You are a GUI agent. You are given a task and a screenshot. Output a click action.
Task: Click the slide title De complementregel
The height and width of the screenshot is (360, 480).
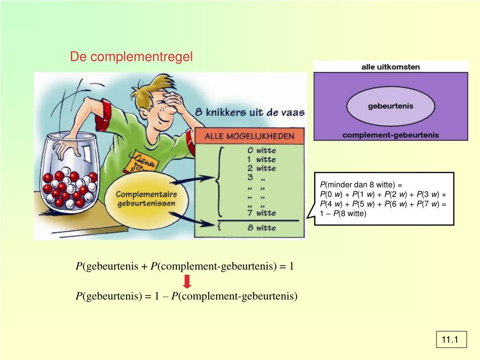point(131,57)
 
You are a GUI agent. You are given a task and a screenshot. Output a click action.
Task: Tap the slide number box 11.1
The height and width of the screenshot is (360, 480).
point(451,339)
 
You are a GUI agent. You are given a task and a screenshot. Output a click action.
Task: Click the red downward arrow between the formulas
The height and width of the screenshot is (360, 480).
point(187,282)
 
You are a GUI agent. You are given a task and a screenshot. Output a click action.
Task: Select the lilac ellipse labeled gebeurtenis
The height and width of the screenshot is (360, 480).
point(390,106)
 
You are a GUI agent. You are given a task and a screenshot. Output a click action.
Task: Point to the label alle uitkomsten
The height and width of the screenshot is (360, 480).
point(390,67)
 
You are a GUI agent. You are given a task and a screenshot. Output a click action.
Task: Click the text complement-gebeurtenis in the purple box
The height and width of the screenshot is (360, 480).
point(390,135)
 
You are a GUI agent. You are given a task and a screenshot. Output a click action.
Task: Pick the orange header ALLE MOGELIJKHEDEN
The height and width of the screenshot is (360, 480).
point(251,136)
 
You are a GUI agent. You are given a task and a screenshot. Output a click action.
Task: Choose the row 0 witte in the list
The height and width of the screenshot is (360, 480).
point(261,151)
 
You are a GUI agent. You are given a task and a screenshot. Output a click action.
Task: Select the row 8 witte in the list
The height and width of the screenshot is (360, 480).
point(261,228)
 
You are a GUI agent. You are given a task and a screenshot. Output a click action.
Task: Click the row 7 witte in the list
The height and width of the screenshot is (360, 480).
point(261,213)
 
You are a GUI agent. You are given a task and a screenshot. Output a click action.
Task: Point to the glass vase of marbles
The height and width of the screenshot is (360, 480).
point(70,173)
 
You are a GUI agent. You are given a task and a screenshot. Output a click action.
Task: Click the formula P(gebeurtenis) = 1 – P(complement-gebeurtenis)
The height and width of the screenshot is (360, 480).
point(187,296)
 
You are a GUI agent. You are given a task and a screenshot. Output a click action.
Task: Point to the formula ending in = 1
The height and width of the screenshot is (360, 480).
point(185,267)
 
